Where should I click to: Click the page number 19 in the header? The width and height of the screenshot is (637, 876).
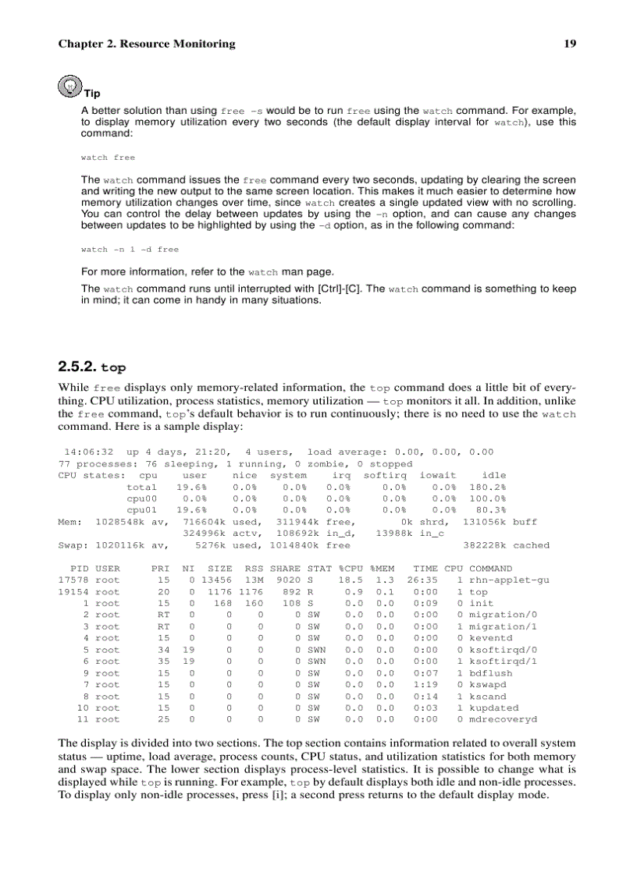click(x=570, y=44)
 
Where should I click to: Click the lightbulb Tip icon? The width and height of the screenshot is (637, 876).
click(x=70, y=85)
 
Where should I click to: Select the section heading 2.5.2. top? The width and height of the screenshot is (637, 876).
click(x=91, y=367)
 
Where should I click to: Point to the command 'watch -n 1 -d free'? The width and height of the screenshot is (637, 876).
click(x=130, y=250)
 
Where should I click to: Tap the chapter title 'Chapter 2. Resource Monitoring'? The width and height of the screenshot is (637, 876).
click(x=146, y=44)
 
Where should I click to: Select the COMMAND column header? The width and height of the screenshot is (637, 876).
click(x=490, y=569)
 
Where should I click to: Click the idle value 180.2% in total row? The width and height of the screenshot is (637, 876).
click(x=487, y=487)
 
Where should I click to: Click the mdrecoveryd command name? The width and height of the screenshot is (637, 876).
click(x=503, y=719)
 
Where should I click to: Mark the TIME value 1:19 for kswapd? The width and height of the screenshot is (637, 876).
click(x=425, y=685)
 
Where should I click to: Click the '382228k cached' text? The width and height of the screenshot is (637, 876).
click(x=507, y=545)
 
